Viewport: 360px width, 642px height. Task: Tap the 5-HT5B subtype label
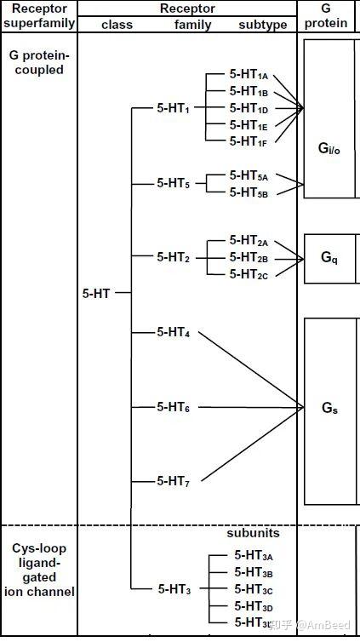249,192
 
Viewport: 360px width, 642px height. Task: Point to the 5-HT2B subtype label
249,257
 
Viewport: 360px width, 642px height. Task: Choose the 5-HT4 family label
174,332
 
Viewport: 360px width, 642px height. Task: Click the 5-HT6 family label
174,407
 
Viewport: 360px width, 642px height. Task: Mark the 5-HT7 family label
174,481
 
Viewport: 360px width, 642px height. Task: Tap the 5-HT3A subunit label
253,555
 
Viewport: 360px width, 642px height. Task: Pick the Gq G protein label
329,257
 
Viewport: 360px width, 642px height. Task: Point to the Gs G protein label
329,409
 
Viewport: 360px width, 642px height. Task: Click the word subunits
253,534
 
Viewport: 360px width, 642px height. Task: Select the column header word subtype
263,25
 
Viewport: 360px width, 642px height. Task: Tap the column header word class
117,25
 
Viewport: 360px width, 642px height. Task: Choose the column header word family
193,25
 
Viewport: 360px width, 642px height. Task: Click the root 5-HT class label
96,293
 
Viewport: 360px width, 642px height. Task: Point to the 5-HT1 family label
174,108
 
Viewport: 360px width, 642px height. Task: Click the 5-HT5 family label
174,183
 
